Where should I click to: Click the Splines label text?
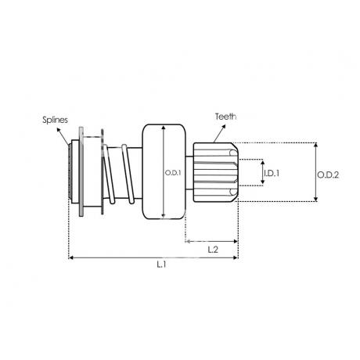point(55,120)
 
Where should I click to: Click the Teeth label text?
point(226,117)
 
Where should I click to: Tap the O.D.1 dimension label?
point(173,173)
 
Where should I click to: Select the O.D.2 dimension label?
point(328,175)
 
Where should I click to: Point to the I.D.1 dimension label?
point(272,173)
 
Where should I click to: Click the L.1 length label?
point(161,265)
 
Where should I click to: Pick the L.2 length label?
point(213,250)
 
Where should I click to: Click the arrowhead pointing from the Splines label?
point(58,130)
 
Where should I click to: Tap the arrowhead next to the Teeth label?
point(223,127)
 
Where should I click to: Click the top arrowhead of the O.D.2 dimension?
point(315,145)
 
